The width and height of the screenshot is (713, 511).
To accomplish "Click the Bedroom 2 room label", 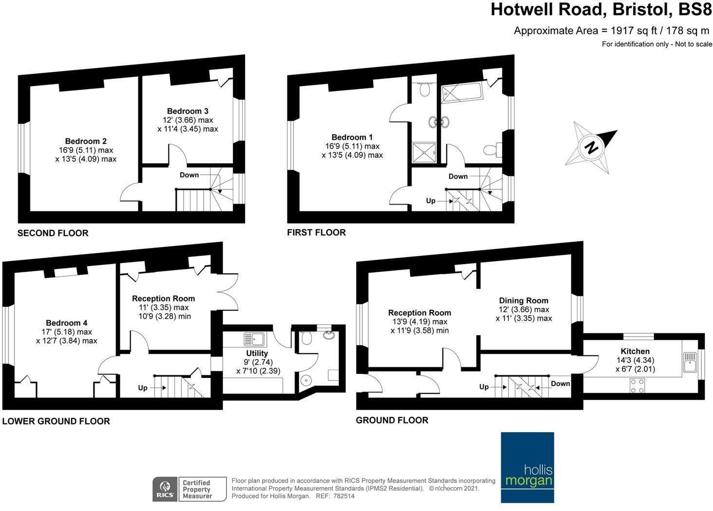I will (x=86, y=141).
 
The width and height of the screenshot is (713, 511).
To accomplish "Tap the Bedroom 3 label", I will (x=188, y=111).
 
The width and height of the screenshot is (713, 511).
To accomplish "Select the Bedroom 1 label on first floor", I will (x=352, y=137).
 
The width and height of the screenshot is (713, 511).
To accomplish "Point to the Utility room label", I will (x=257, y=353).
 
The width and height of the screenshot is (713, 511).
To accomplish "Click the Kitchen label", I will (x=635, y=351).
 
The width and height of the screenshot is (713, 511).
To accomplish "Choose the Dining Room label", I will (x=524, y=301).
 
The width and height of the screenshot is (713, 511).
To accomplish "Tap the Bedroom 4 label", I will (x=67, y=323).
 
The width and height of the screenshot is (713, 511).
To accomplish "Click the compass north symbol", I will (x=591, y=147).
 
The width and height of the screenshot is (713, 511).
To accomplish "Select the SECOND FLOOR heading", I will (x=53, y=233).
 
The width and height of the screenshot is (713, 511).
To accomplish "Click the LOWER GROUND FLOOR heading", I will (x=56, y=421).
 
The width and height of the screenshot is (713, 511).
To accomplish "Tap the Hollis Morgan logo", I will (x=527, y=467).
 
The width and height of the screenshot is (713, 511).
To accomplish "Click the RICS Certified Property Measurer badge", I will (x=189, y=489).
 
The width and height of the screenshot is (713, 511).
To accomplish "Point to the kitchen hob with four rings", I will (x=637, y=385).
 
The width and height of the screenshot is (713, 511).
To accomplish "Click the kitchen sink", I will (x=690, y=362).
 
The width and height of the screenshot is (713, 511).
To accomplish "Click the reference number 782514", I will (x=343, y=496).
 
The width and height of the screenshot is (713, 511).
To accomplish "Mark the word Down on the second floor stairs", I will (x=189, y=175).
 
